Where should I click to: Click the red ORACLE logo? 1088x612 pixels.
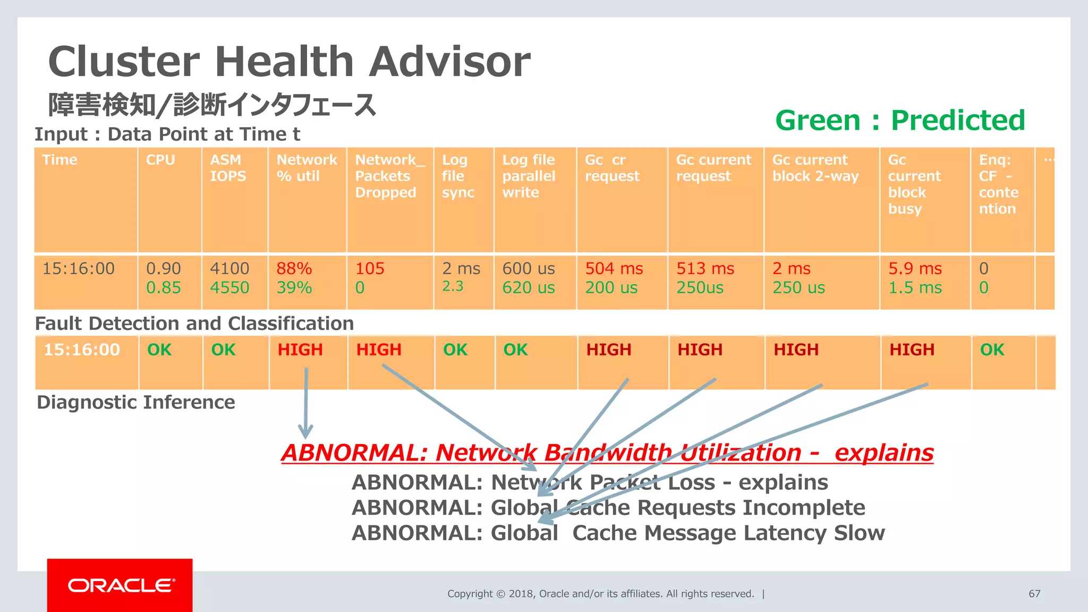coord(120,585)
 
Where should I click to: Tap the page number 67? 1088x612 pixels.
coord(1034,593)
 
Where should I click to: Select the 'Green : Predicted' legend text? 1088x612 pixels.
coord(900,121)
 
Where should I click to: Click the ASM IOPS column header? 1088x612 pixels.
coord(228,168)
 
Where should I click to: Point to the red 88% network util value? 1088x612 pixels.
coord(294,269)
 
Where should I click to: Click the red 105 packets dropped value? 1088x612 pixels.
coord(370,269)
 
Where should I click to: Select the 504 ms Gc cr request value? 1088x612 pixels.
coord(614,269)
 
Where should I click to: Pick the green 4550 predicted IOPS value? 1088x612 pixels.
coord(229,288)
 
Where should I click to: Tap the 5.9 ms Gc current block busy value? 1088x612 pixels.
coord(915,269)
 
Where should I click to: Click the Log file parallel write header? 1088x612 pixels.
coord(529,176)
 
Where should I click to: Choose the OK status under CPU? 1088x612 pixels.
coord(159,350)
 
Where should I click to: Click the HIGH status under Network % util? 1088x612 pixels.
coord(300,350)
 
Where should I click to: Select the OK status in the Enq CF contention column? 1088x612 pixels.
coord(992,350)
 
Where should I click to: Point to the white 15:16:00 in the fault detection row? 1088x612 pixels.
coord(82,350)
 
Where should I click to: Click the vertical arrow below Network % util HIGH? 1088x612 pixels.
coord(306,404)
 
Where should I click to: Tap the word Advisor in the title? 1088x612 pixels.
coord(449,62)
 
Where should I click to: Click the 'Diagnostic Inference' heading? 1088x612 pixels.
coord(136,402)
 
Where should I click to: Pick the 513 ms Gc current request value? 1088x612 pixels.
coord(705,269)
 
